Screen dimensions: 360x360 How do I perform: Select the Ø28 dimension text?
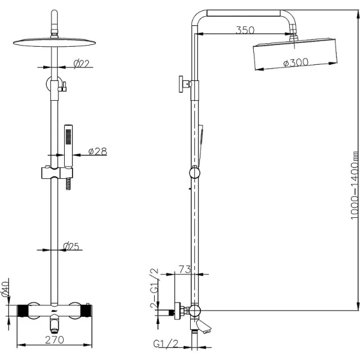(97, 151)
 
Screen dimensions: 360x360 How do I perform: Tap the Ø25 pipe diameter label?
(73, 245)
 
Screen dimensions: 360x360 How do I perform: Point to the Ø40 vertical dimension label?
(5, 289)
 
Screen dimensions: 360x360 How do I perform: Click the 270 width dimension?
(55, 340)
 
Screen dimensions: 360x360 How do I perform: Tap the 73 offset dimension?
(184, 270)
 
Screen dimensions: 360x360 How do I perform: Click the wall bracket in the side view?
(184, 85)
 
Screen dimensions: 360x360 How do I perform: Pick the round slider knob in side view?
(193, 173)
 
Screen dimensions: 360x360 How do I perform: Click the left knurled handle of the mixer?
(22, 311)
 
